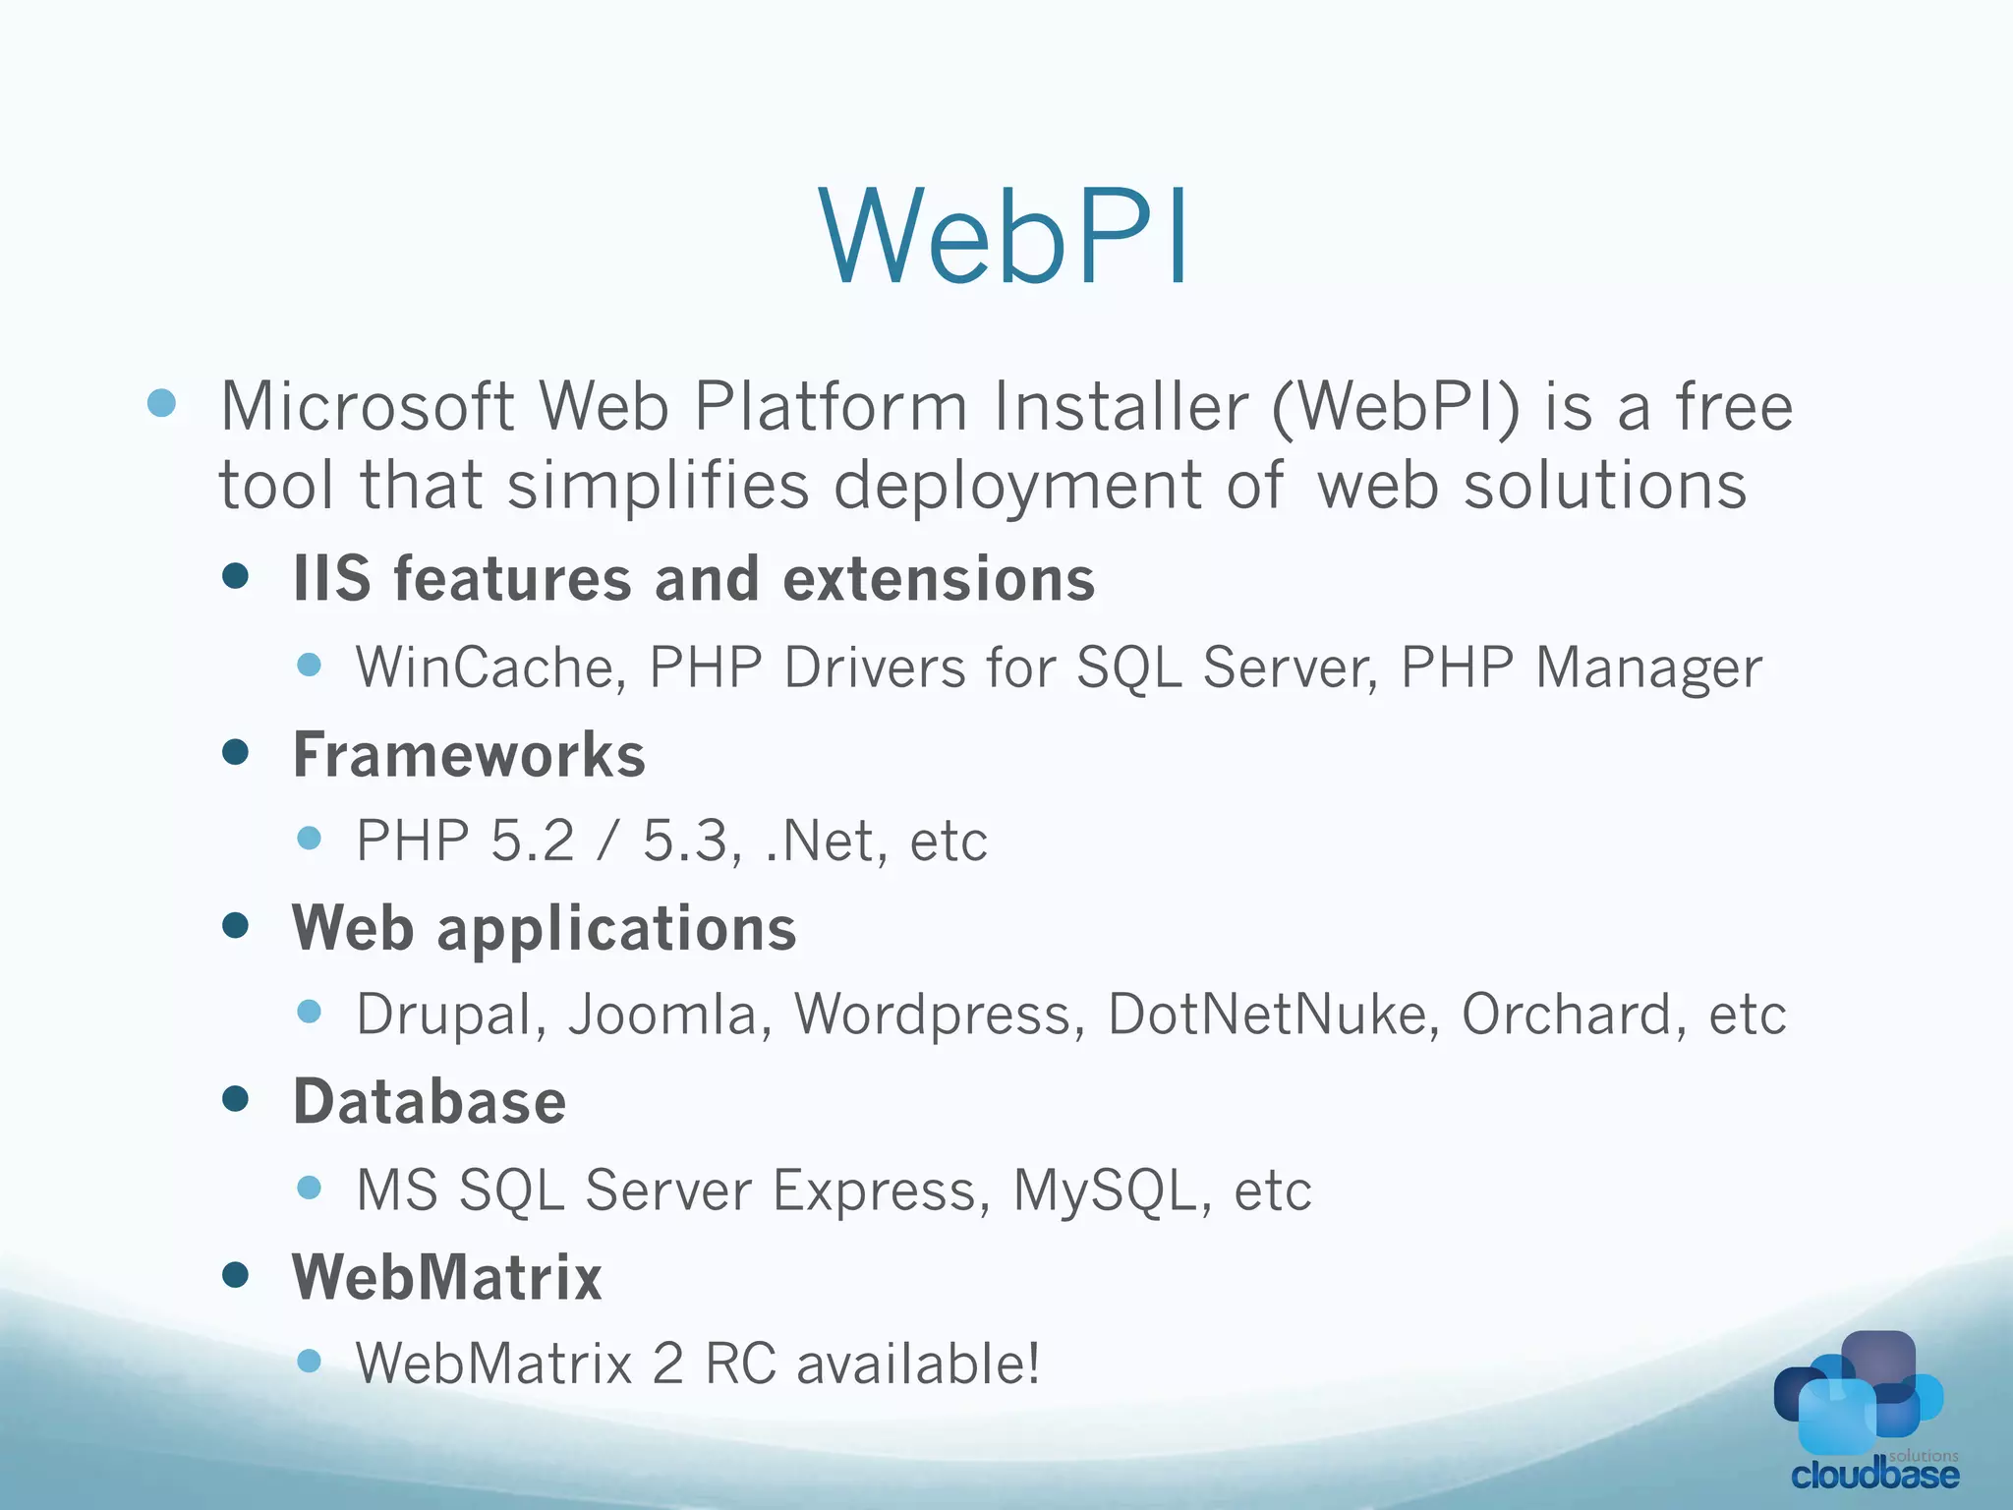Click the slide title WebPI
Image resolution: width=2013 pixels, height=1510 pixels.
point(1005,238)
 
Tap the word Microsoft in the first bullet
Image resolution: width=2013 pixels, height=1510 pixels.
point(367,407)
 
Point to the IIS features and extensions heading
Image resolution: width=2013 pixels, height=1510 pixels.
point(694,578)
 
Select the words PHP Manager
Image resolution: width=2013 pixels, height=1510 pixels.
point(1581,668)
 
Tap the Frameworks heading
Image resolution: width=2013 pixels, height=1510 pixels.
point(469,755)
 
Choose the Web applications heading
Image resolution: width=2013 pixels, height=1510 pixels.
point(545,928)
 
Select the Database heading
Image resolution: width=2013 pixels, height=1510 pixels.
point(430,1101)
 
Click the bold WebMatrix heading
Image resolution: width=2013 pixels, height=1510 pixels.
point(447,1277)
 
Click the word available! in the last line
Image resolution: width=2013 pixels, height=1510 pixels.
point(918,1365)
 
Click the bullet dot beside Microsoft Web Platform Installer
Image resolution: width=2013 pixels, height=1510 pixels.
point(161,402)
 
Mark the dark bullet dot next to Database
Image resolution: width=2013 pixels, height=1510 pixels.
point(236,1098)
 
